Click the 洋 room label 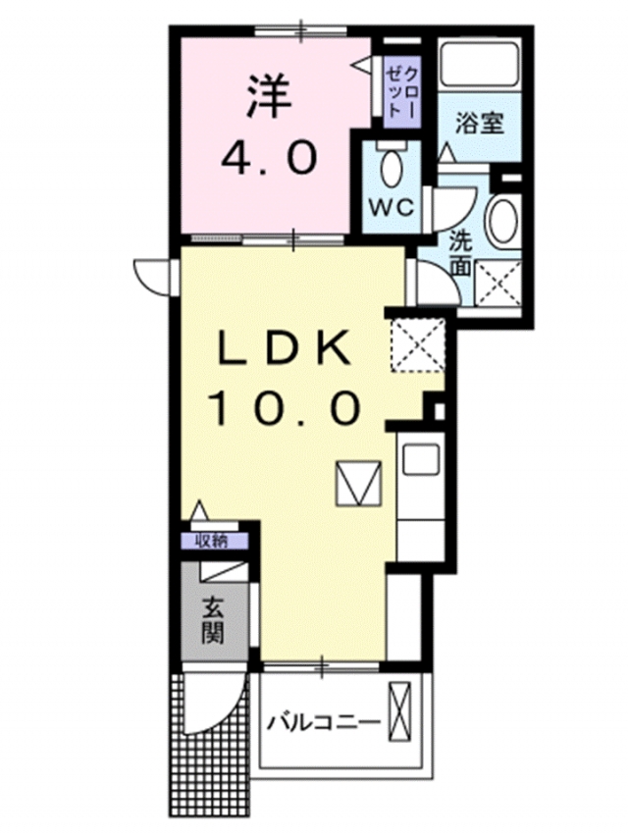(x=269, y=98)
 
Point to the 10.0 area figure (x=286, y=407)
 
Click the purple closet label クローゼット (x=402, y=92)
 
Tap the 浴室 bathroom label (x=480, y=124)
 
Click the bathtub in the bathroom (x=480, y=62)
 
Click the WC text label (x=392, y=207)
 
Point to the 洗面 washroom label (x=459, y=253)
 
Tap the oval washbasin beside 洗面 (x=503, y=221)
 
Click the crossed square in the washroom (x=497, y=283)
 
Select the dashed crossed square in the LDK (x=418, y=344)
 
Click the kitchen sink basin (x=421, y=459)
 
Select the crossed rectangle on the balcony (x=400, y=711)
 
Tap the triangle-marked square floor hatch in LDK (x=358, y=483)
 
